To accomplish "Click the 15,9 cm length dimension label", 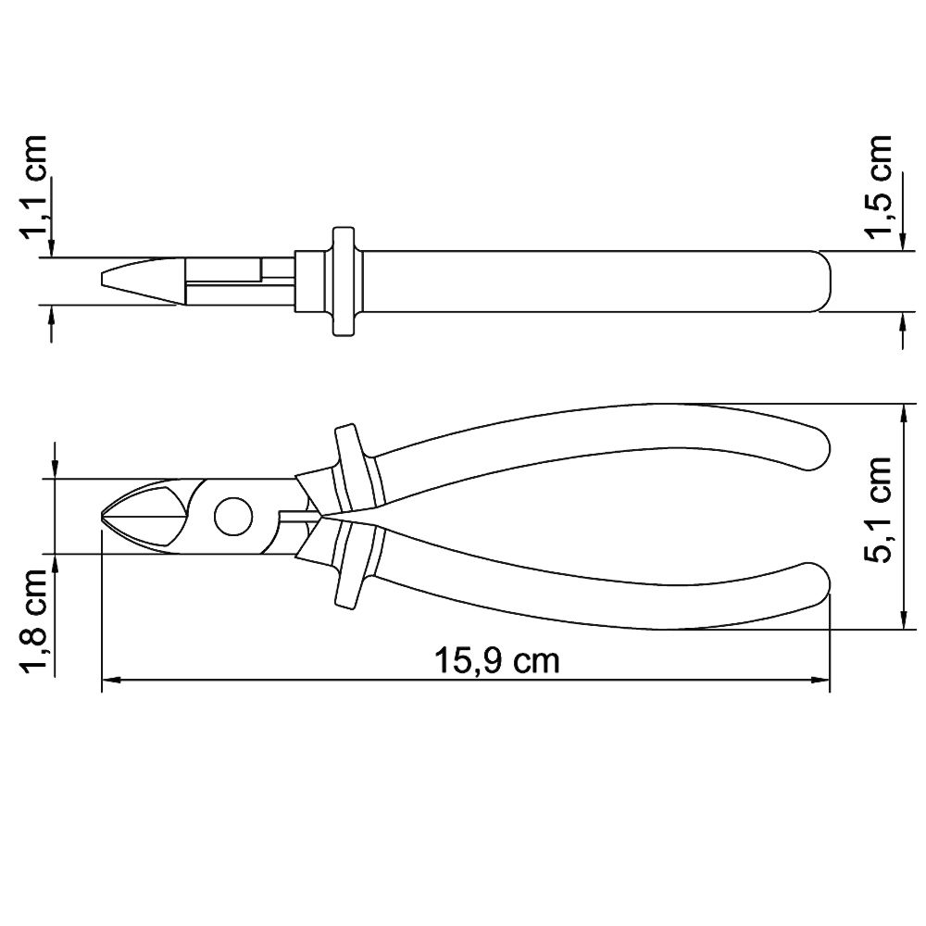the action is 496,661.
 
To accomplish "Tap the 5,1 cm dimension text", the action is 876,509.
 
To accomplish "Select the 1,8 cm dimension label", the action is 32,622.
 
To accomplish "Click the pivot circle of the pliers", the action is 232,517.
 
